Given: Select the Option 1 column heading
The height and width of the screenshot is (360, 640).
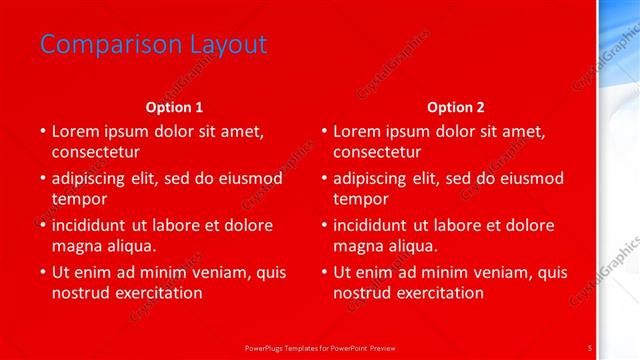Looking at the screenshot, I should pos(174,107).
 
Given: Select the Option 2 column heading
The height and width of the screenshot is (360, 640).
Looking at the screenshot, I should pos(455,107).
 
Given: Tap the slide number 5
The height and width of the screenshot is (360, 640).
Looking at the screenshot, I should pos(591,347).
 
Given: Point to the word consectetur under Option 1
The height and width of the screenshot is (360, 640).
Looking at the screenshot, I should pos(95,152).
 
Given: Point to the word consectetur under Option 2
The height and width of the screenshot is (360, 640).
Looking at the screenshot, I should pos(377,152).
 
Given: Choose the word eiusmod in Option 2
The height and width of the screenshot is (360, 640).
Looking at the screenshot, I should pos(530,178).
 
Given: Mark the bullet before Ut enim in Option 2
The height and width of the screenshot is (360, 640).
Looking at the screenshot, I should pos(324,272).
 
